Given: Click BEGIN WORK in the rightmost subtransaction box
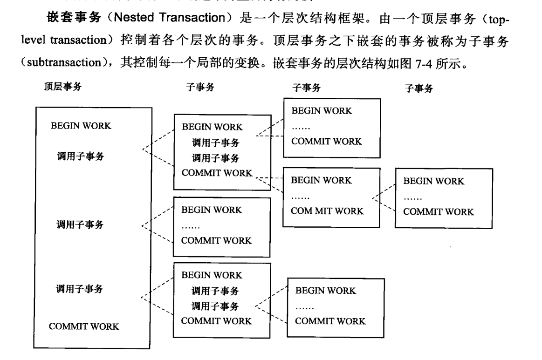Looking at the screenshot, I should (433, 182).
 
